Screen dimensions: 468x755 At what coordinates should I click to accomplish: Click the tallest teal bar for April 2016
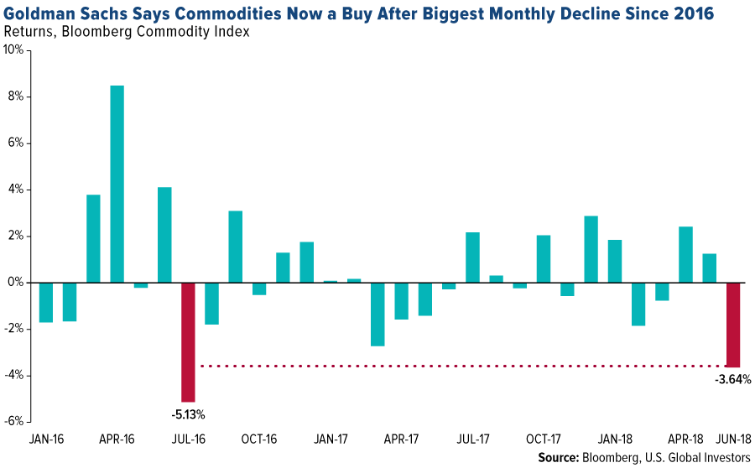coord(117,184)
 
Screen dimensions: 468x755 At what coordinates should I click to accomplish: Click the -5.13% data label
coord(188,413)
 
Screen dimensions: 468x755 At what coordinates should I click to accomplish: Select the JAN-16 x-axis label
coord(46,438)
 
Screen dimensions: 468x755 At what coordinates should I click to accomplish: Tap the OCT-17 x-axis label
coord(544,438)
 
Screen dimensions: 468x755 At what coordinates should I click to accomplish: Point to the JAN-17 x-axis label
coord(330,438)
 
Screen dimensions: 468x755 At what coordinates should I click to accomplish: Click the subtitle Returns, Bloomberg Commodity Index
coord(127,33)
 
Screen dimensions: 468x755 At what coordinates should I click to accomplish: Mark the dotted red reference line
coord(461,366)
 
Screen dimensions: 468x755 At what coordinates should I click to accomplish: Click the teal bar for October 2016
coord(259,289)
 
